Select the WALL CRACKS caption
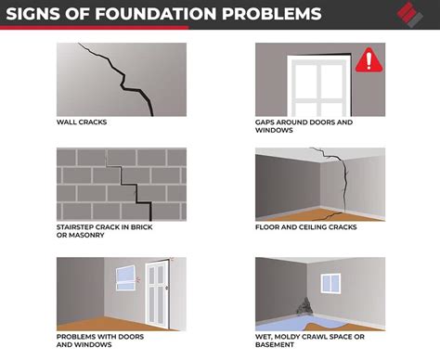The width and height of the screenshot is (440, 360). click(84, 122)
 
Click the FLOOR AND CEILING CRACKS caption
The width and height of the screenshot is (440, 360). click(305, 225)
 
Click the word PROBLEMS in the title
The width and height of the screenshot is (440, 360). click(259, 14)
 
